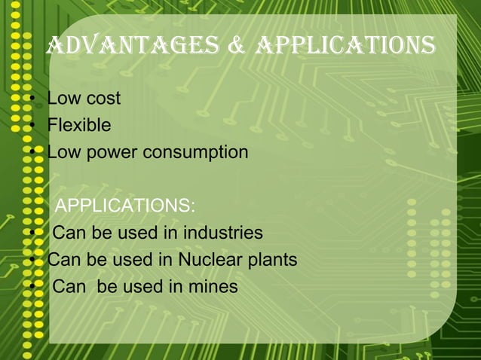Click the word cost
[x=102, y=99]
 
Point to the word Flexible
[x=79, y=125]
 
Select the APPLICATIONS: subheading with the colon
[x=125, y=206]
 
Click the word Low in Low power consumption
[x=63, y=152]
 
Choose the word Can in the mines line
[x=69, y=287]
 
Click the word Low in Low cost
[x=63, y=99]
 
